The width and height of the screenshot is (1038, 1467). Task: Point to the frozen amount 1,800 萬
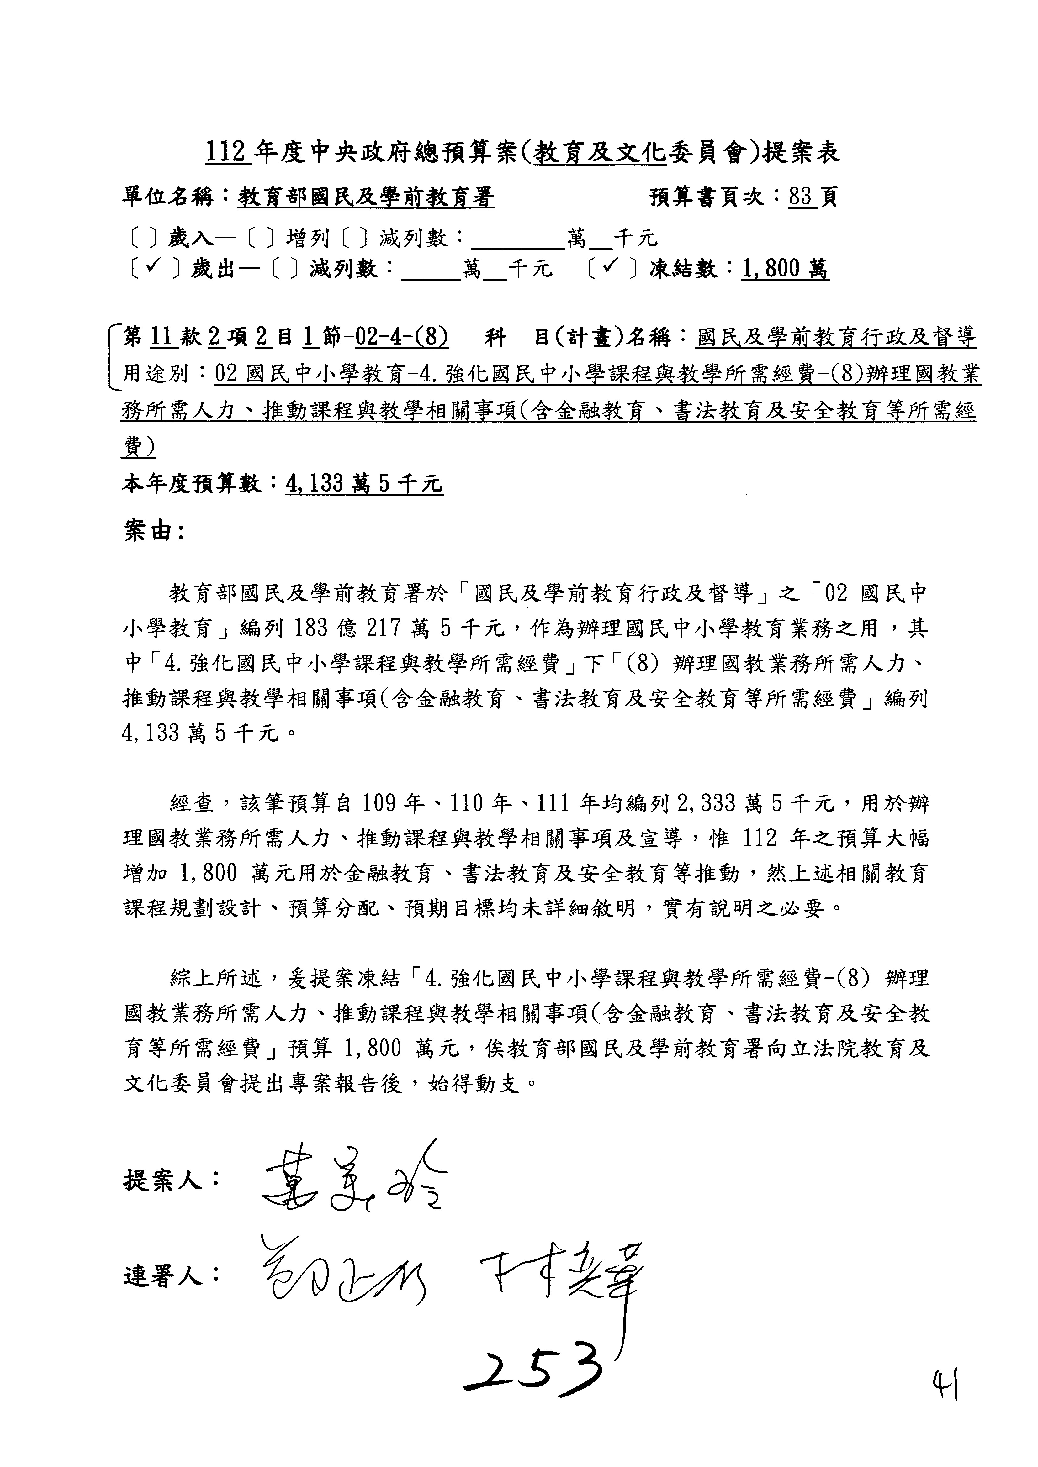(x=785, y=269)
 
